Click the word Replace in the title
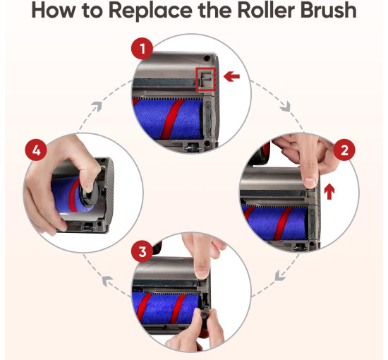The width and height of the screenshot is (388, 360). (x=150, y=11)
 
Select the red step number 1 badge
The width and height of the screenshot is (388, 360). (x=142, y=49)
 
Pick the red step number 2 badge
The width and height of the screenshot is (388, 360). (x=344, y=150)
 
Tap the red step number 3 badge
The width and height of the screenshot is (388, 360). (x=142, y=251)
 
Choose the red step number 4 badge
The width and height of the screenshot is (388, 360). (x=36, y=150)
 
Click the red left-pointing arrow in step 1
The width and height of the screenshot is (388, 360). (x=231, y=76)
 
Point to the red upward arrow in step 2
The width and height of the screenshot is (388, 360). (x=329, y=191)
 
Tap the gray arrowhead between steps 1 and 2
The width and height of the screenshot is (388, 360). (x=286, y=107)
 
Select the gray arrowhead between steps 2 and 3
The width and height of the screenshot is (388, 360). (x=280, y=275)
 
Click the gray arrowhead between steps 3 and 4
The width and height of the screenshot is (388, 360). (x=107, y=281)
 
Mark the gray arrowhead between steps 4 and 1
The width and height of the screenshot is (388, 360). (x=97, y=107)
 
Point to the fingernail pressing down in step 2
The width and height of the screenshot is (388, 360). (x=310, y=183)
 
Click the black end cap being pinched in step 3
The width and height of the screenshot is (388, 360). (x=205, y=317)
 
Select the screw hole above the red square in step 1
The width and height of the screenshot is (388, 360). (x=207, y=59)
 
